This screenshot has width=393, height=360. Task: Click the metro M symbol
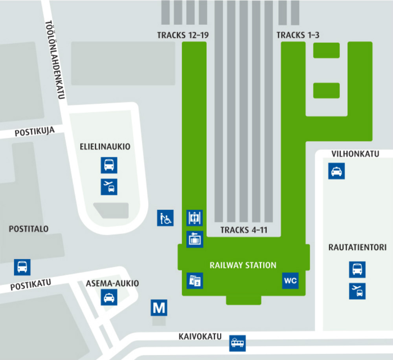click(159, 308)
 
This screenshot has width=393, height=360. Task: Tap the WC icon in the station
click(290, 281)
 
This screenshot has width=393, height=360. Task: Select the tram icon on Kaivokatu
click(237, 343)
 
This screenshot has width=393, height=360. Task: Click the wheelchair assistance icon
click(165, 218)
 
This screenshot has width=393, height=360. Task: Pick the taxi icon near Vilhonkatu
click(336, 171)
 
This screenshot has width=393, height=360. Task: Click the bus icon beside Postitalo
click(22, 267)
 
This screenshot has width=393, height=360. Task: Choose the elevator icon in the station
click(195, 218)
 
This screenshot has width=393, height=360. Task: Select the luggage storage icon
click(195, 239)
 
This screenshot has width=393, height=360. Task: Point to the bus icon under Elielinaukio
click(109, 165)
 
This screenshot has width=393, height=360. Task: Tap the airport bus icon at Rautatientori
click(357, 291)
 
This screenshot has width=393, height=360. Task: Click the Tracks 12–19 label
click(183, 35)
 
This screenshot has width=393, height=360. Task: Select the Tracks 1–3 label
click(298, 35)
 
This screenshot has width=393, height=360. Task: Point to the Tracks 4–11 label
click(244, 230)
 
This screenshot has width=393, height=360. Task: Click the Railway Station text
click(243, 265)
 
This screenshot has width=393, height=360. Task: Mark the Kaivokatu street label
click(200, 336)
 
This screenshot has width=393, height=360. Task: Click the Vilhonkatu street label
click(355, 154)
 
